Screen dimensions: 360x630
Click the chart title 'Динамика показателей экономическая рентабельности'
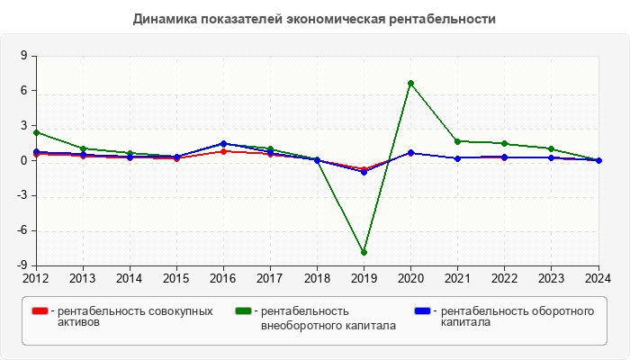click(x=314, y=19)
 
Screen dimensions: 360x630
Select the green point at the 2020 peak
click(x=410, y=83)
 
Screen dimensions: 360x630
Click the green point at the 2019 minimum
click(x=364, y=252)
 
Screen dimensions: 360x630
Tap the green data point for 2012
click(x=36, y=132)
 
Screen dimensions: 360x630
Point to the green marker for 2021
click(x=457, y=141)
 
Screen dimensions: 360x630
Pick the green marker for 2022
click(x=504, y=143)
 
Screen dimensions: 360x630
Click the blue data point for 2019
click(x=364, y=172)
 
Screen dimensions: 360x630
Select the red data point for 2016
click(x=223, y=151)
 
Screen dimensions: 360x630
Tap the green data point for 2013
click(x=83, y=148)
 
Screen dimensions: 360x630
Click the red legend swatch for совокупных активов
click(x=40, y=311)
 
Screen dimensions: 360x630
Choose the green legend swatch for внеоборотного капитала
click(x=243, y=311)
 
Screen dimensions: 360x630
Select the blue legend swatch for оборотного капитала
click(x=422, y=311)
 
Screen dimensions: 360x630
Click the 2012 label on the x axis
click(x=36, y=278)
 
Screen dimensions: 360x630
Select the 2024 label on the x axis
click(x=598, y=278)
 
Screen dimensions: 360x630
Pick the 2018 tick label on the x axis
click(x=317, y=278)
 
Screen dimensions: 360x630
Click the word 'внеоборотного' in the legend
click(x=298, y=325)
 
